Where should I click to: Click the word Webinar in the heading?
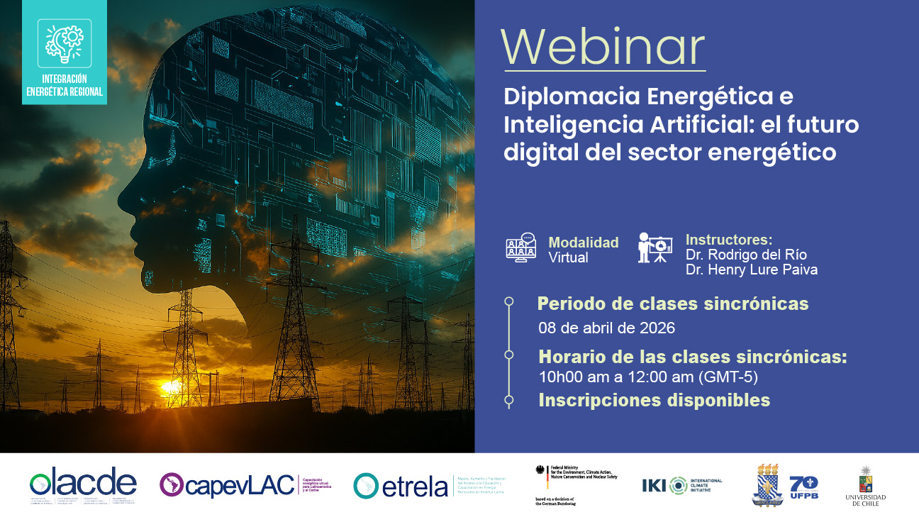603,48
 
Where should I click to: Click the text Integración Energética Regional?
65,85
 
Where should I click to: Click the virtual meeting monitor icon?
520,248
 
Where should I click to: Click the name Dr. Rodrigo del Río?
746,255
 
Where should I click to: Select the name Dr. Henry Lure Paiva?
751,270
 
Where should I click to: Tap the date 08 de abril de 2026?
606,328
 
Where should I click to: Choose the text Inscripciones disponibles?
654,400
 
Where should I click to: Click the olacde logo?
83,486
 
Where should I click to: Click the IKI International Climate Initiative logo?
681,485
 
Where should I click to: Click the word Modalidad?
583,243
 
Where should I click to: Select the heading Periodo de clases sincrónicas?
673,304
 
